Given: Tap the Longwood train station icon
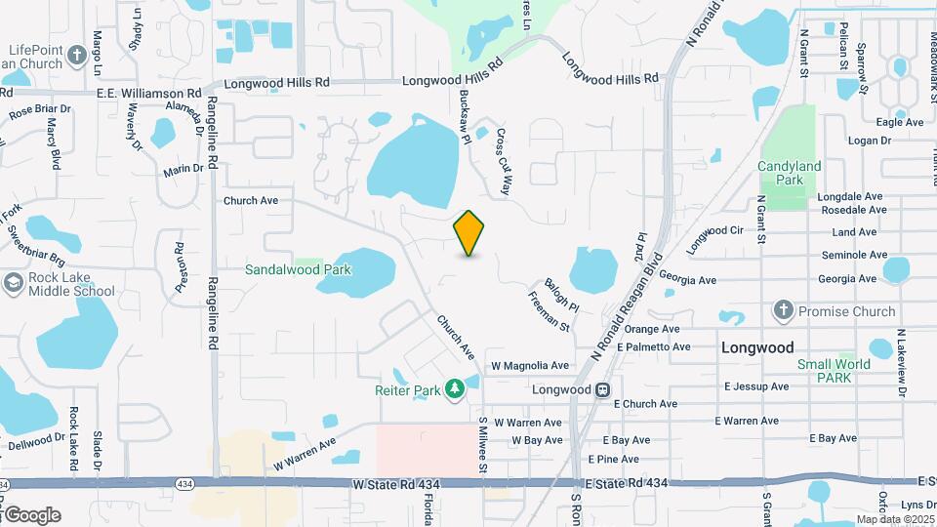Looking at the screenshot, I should pos(603,389).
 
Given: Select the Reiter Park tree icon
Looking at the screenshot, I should pos(454,390).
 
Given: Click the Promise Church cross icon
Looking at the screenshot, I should pos(783,311).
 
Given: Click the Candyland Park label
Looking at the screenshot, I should pos(790,174).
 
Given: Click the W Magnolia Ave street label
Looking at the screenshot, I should pos(529,366).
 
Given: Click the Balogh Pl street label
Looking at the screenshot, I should pos(562,293).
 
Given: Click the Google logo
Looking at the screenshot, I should pos(32,514).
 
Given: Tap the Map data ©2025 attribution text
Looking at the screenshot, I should pos(894,519).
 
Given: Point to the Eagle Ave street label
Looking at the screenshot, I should pos(900,122).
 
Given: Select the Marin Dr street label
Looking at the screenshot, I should pos(183,169).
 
